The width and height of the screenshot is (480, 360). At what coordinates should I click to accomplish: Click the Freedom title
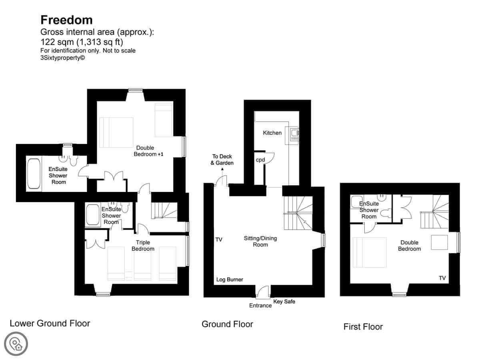pos(66,20)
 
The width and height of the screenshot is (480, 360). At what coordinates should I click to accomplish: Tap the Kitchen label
pos(272,133)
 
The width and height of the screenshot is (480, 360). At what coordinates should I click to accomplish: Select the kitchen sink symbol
pos(294,135)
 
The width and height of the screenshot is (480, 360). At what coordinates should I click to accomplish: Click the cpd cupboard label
pos(260,160)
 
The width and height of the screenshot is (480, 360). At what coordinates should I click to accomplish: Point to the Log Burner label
pos(230,280)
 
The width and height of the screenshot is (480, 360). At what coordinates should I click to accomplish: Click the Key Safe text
pos(284,302)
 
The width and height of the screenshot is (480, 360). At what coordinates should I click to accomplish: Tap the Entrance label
pos(260,305)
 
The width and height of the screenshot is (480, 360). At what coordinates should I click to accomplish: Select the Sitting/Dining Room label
pos(260,241)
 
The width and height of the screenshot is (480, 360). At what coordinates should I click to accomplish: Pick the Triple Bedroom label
pos(143,246)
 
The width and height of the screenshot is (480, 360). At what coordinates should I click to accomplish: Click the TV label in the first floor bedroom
pos(442,278)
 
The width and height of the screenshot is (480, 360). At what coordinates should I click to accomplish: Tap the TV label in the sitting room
pos(219,240)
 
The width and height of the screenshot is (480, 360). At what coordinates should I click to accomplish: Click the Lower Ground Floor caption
pos(50,324)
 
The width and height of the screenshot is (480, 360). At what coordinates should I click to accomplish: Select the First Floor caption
pos(363,327)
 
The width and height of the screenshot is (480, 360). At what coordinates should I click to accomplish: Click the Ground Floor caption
pos(227,324)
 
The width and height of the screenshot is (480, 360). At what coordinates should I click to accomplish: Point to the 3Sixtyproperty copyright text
pos(62,58)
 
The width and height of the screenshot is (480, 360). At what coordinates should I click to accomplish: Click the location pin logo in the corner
pos(16,344)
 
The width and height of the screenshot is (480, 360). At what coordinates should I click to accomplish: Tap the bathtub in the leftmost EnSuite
pos(34,174)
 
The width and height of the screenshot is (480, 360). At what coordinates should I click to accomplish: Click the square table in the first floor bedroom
pos(439,242)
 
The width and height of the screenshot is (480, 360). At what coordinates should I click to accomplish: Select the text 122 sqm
pos(57,42)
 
